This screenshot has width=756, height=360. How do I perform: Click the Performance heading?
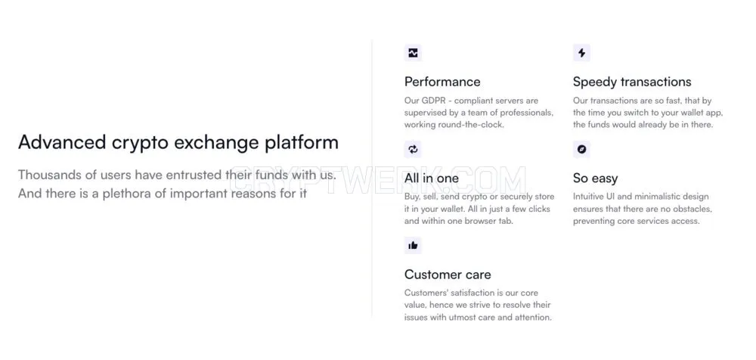click(442, 82)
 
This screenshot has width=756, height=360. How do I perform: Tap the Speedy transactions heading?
click(631, 82)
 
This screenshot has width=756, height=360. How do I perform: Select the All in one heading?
click(432, 178)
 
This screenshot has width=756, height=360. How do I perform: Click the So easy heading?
click(595, 178)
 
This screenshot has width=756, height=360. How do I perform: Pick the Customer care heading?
click(448, 275)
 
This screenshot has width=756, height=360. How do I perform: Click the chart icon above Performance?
click(414, 53)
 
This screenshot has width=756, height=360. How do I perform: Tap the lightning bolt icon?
click(581, 53)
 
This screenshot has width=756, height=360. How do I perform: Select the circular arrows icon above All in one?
click(414, 150)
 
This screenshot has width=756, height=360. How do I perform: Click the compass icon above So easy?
click(581, 150)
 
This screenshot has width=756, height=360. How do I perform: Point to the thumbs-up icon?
click(414, 246)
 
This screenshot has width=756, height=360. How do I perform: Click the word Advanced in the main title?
click(62, 142)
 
